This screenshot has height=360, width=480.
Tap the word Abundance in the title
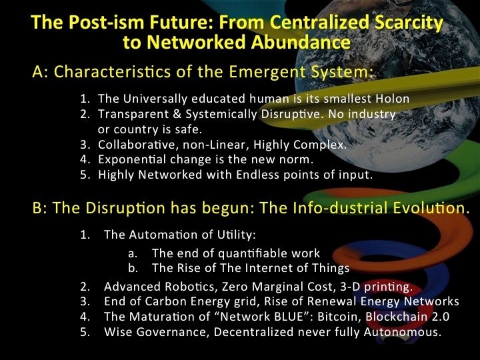click(301, 41)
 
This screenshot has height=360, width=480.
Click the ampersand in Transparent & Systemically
click(177, 114)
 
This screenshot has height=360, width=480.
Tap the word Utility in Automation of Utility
click(236, 235)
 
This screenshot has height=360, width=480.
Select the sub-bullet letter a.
click(132, 254)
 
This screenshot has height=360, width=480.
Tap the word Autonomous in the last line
click(402, 332)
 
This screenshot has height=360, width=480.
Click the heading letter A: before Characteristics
click(40, 72)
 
